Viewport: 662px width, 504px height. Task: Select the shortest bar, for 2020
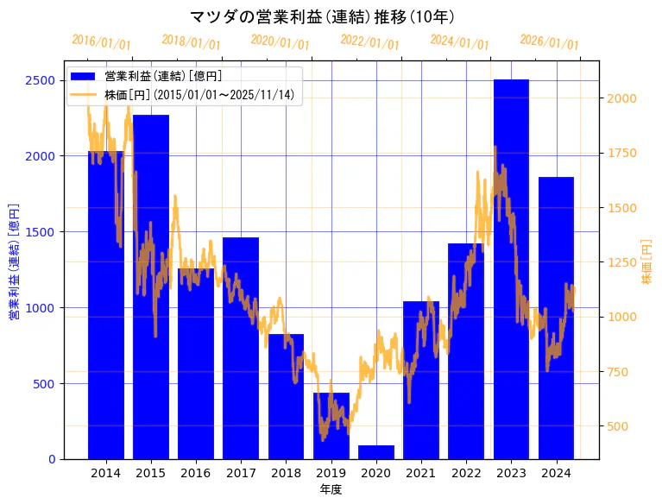coord(376,451)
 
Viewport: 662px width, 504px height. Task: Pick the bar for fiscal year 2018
coord(286,396)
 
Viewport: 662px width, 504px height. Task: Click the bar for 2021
coord(421,380)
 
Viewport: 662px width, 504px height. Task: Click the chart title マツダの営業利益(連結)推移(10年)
coord(322,16)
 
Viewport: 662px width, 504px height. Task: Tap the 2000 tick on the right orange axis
coord(621,98)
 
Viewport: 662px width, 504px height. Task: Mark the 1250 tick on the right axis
coord(621,262)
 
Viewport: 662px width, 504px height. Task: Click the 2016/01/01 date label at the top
coord(101,42)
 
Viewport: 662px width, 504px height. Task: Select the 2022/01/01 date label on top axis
coord(369,42)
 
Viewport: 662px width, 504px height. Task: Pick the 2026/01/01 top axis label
coord(549,42)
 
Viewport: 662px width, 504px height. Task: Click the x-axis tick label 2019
coord(331,473)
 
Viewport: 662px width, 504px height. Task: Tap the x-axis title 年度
coord(331,489)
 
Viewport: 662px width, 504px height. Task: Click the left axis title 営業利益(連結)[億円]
coord(14,261)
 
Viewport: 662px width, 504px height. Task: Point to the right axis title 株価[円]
coord(646,261)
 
